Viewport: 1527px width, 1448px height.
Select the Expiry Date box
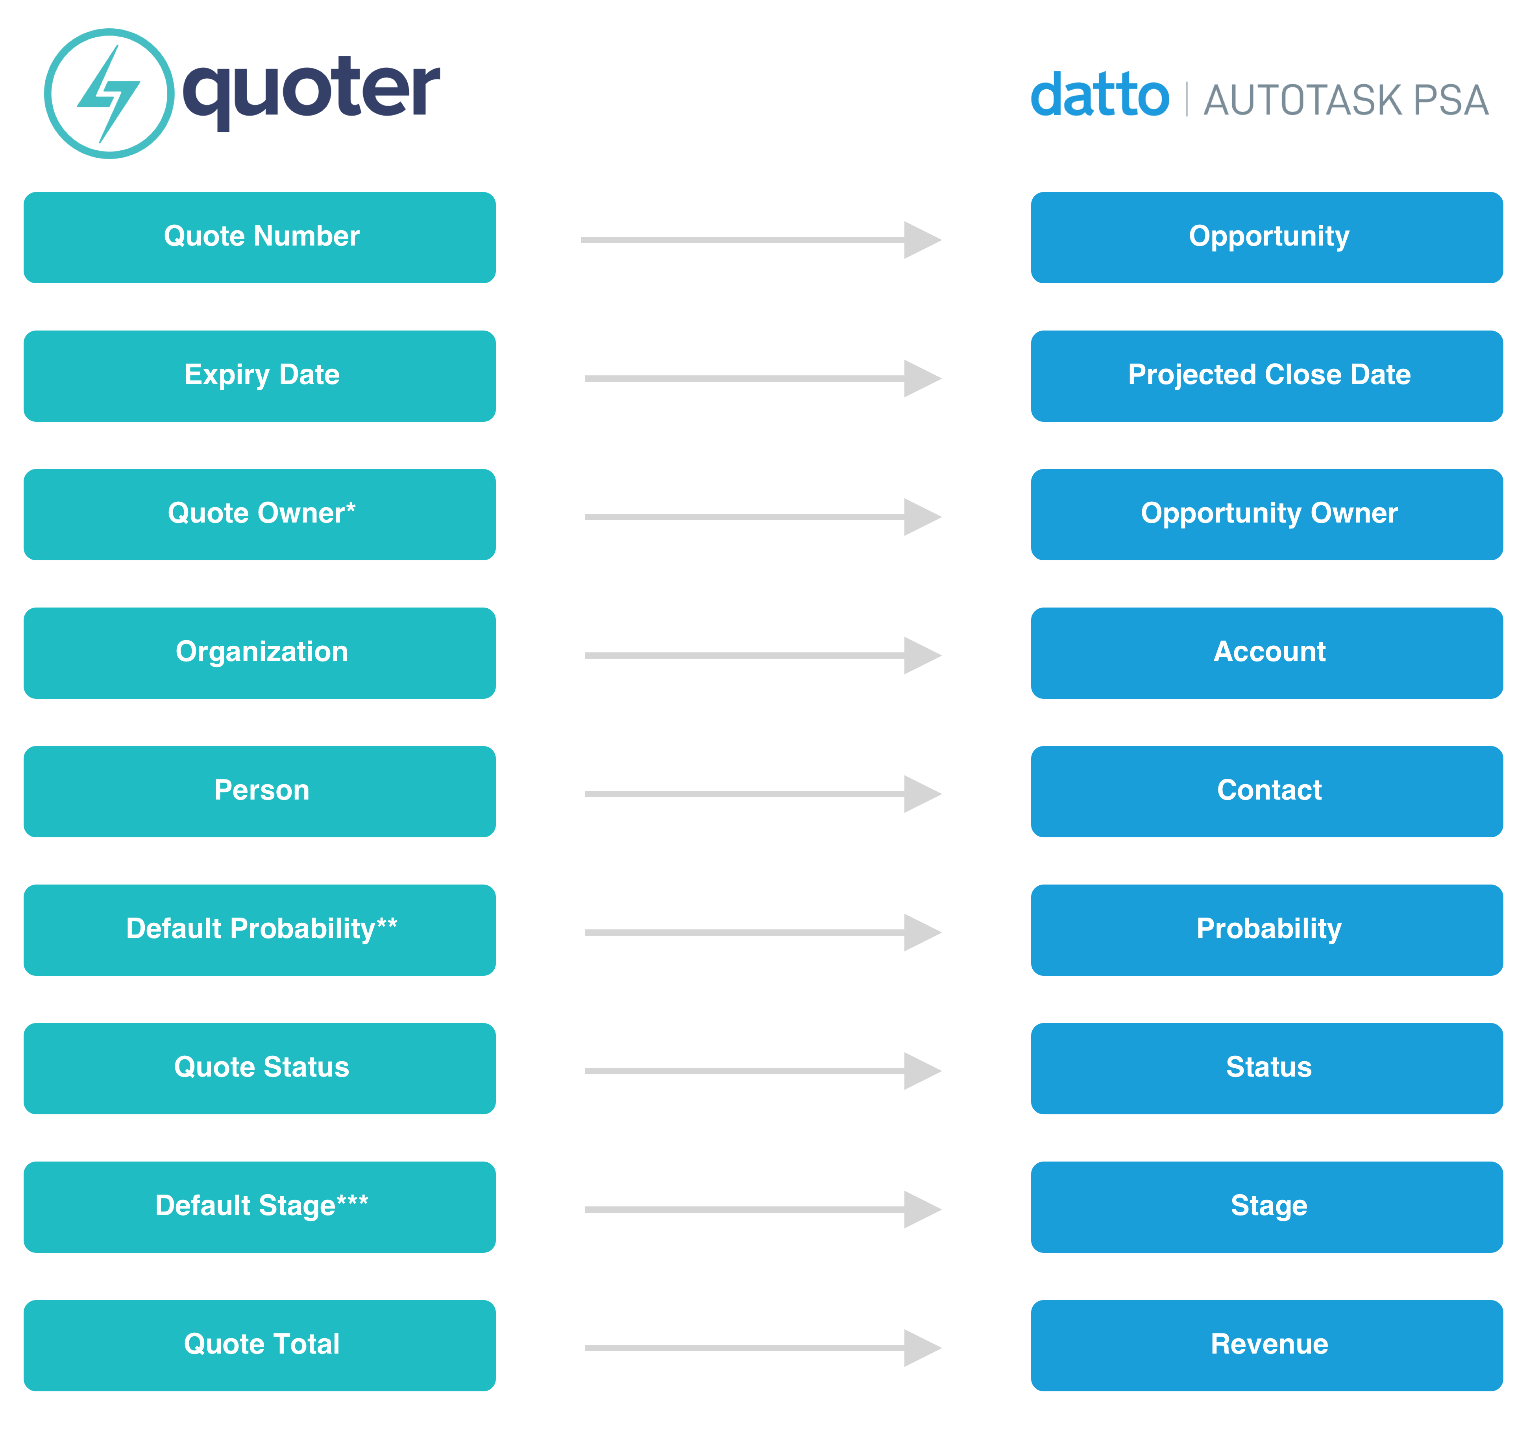click(x=259, y=376)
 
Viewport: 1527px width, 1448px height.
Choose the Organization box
click(x=259, y=653)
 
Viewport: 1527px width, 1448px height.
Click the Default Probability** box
click(x=259, y=930)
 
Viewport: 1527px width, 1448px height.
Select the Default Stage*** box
click(x=259, y=1207)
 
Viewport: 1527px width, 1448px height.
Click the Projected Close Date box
click(x=1267, y=376)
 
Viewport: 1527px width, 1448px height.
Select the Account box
click(x=1267, y=653)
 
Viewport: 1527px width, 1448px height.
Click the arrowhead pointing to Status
click(x=922, y=1071)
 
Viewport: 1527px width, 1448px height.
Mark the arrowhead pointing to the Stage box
click(x=922, y=1210)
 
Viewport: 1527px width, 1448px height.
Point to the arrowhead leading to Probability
click(x=922, y=933)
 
